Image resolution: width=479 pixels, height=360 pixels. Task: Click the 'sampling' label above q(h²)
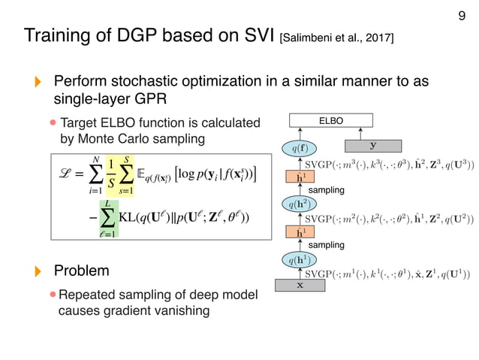[x=327, y=191]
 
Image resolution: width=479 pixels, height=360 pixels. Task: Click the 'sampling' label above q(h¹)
[x=327, y=245]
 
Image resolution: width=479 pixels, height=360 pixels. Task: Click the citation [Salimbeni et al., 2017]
[x=336, y=36]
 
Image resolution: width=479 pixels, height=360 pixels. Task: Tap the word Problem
[x=81, y=270]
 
